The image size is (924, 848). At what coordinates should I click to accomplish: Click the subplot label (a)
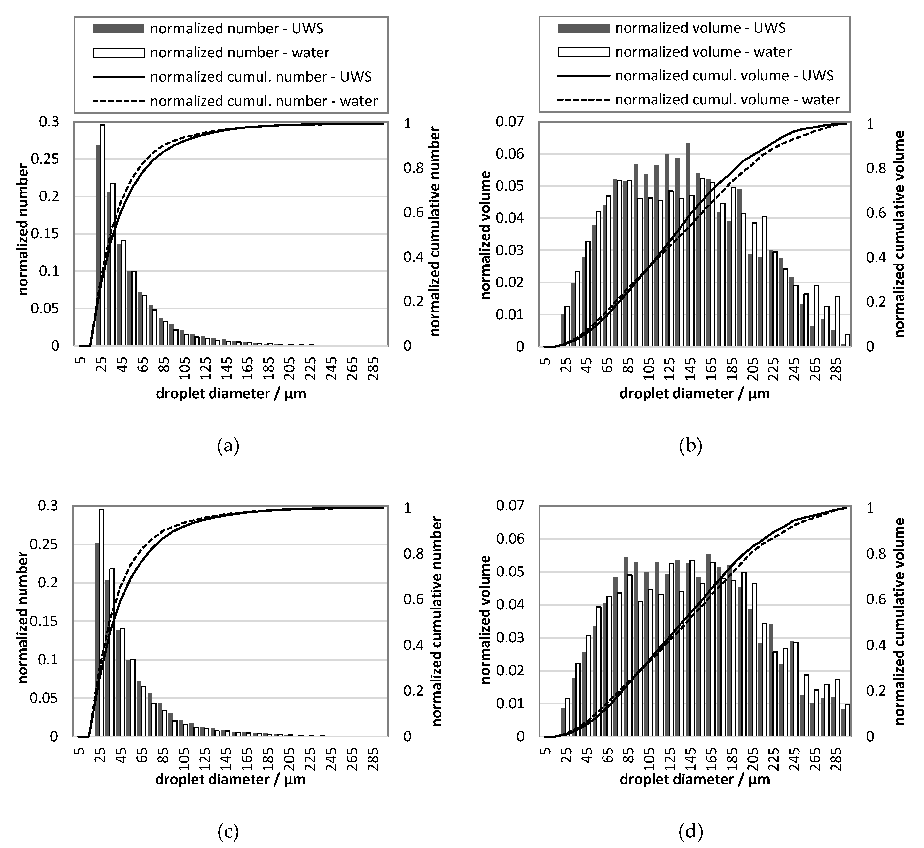coord(228,446)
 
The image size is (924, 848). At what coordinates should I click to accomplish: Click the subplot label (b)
coord(691,446)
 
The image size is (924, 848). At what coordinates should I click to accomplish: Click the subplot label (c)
coord(228,831)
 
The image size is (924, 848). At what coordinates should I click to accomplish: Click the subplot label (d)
coord(691,831)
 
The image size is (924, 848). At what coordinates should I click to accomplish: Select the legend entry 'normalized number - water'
coord(239,53)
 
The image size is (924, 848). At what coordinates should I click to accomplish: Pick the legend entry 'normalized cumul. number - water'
coord(264,101)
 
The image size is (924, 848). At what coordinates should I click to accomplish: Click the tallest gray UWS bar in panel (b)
coord(688,243)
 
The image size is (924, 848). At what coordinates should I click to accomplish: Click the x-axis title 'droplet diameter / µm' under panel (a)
coord(231,394)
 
